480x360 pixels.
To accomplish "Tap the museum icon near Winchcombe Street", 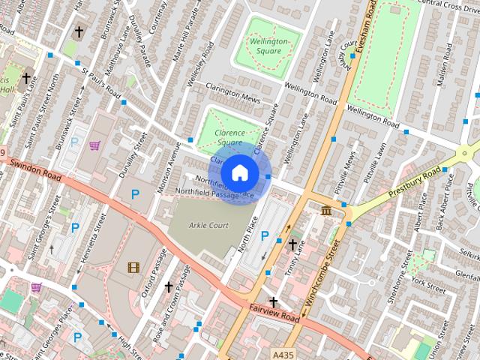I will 327,212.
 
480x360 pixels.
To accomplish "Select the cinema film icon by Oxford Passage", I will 133,267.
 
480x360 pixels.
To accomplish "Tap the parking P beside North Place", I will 264,235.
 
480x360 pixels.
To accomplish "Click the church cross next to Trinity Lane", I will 292,244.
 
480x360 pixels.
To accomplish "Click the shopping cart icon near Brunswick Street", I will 94,145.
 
